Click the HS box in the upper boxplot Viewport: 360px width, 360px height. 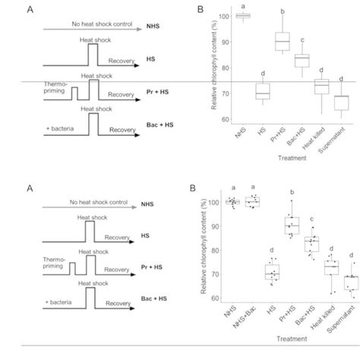(x=241, y=92)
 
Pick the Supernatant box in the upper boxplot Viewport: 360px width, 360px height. (x=341, y=103)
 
